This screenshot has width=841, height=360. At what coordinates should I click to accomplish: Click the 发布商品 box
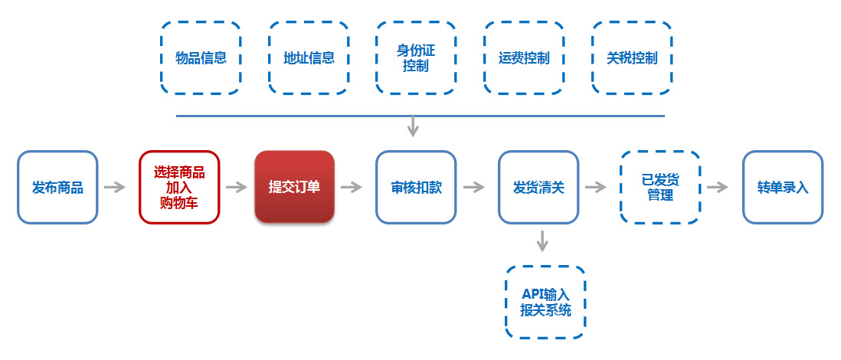pyautogui.click(x=57, y=187)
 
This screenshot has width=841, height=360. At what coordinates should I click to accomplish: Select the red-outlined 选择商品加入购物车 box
pyautogui.click(x=179, y=187)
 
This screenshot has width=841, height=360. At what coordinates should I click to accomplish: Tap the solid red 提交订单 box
pyautogui.click(x=294, y=187)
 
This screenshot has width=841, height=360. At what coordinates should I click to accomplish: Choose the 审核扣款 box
pyautogui.click(x=415, y=187)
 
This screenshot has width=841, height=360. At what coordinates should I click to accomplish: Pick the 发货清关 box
pyautogui.click(x=538, y=187)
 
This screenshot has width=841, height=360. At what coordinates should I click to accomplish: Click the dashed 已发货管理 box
pyautogui.click(x=659, y=187)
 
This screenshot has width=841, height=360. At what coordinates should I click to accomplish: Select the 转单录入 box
pyautogui.click(x=782, y=187)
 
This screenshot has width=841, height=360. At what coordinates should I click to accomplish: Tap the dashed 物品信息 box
pyautogui.click(x=201, y=58)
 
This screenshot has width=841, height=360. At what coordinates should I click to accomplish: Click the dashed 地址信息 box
pyautogui.click(x=309, y=58)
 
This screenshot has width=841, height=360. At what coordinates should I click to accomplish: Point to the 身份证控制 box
pyautogui.click(x=416, y=58)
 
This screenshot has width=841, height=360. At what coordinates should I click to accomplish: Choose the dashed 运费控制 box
pyautogui.click(x=524, y=58)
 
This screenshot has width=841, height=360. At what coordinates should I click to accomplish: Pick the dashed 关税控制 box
pyautogui.click(x=632, y=58)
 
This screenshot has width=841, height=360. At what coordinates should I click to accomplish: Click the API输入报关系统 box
pyautogui.click(x=545, y=302)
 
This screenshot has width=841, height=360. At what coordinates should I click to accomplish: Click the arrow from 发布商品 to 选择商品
pyautogui.click(x=115, y=187)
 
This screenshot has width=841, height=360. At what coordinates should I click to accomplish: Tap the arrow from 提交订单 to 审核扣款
pyautogui.click(x=352, y=187)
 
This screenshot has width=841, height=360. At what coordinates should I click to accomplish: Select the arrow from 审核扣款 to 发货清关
pyautogui.click(x=474, y=187)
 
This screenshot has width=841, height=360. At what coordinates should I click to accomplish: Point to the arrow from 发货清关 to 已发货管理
pyautogui.click(x=596, y=187)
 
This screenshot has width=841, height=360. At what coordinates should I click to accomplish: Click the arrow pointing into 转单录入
pyautogui.click(x=718, y=187)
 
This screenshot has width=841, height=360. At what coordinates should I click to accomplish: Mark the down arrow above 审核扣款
pyautogui.click(x=413, y=126)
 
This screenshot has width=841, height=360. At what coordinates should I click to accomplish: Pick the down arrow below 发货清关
pyautogui.click(x=542, y=241)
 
